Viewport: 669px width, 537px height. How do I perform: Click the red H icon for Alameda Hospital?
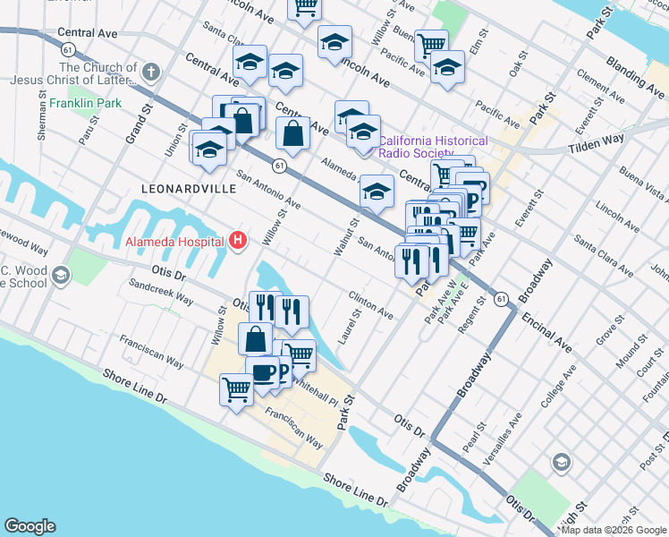pos(238,240)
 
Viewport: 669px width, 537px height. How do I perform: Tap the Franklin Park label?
pos(85,104)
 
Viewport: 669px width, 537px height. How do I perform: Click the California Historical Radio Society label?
pos(434,147)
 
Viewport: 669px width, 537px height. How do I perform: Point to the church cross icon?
pos(150,70)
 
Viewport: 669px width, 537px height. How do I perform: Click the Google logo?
pos(30,526)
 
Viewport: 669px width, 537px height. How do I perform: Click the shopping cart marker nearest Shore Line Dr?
pos(236,388)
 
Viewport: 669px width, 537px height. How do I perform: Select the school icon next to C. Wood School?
pos(61,274)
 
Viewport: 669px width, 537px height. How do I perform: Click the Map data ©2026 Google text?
pos(614,530)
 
